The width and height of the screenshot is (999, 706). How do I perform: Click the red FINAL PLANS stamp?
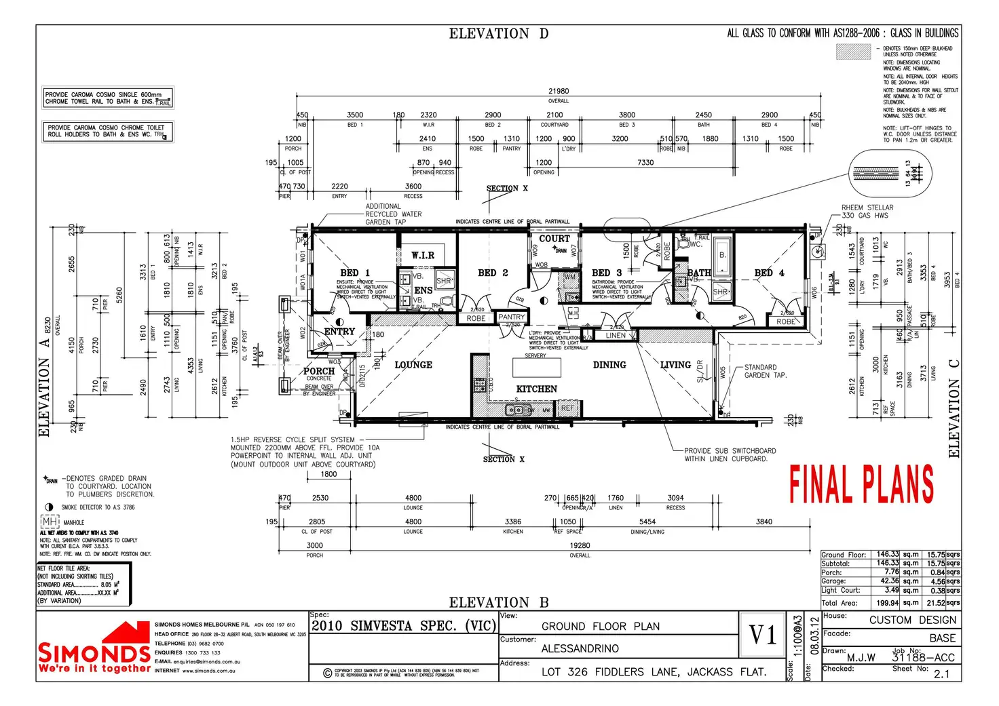861,485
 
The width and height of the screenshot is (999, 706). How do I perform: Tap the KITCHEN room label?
536,389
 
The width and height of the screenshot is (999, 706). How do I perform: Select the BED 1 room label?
355,273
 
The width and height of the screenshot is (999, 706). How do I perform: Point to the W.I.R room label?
423,255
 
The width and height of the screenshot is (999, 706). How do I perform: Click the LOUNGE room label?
413,365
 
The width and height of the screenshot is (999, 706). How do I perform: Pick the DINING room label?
609,365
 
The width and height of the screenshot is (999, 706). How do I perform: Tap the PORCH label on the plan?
319,371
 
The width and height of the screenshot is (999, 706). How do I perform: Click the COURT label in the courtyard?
554,239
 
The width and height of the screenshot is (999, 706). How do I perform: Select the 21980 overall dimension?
559,91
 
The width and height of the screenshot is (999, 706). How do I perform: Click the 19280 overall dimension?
580,545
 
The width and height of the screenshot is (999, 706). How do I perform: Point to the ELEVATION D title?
499,34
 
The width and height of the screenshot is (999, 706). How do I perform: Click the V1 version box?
764,635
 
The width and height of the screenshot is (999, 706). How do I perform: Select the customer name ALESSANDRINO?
580,649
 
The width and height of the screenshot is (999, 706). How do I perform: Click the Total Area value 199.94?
887,603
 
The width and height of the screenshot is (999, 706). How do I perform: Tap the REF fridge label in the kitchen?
567,408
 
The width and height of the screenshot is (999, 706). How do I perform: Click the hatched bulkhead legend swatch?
853,52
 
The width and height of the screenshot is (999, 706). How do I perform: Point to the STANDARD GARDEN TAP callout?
766,371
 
